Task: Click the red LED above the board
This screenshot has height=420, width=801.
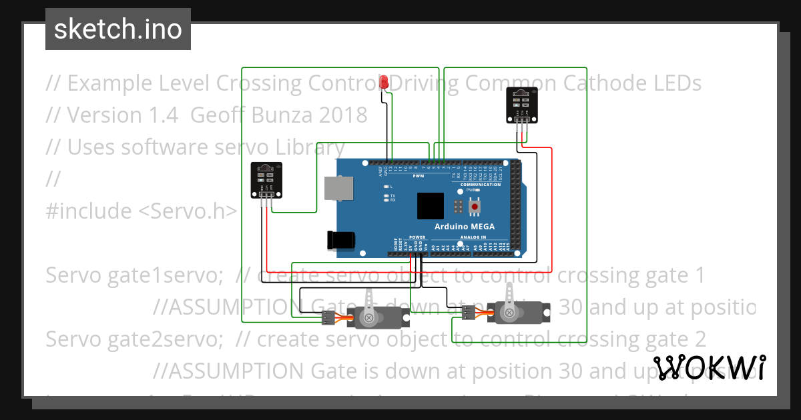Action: point(384,83)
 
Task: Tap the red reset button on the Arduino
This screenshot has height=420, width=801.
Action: point(475,207)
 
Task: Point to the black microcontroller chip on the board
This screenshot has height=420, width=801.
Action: point(431,206)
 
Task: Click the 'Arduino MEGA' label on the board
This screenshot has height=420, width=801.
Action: point(465,227)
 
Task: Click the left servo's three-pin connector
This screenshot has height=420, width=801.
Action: point(328,318)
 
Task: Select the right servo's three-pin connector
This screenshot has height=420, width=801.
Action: point(469,312)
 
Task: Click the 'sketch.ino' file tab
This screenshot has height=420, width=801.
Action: point(118,29)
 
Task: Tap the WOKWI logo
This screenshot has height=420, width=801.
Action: point(710,368)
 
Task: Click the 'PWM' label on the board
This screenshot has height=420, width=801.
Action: point(419,177)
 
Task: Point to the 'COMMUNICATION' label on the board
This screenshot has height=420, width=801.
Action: point(480,185)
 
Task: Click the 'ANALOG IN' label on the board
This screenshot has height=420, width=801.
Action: point(473,237)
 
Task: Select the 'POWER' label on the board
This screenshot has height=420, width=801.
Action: point(417,237)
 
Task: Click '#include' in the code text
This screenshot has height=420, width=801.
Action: point(88,211)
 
